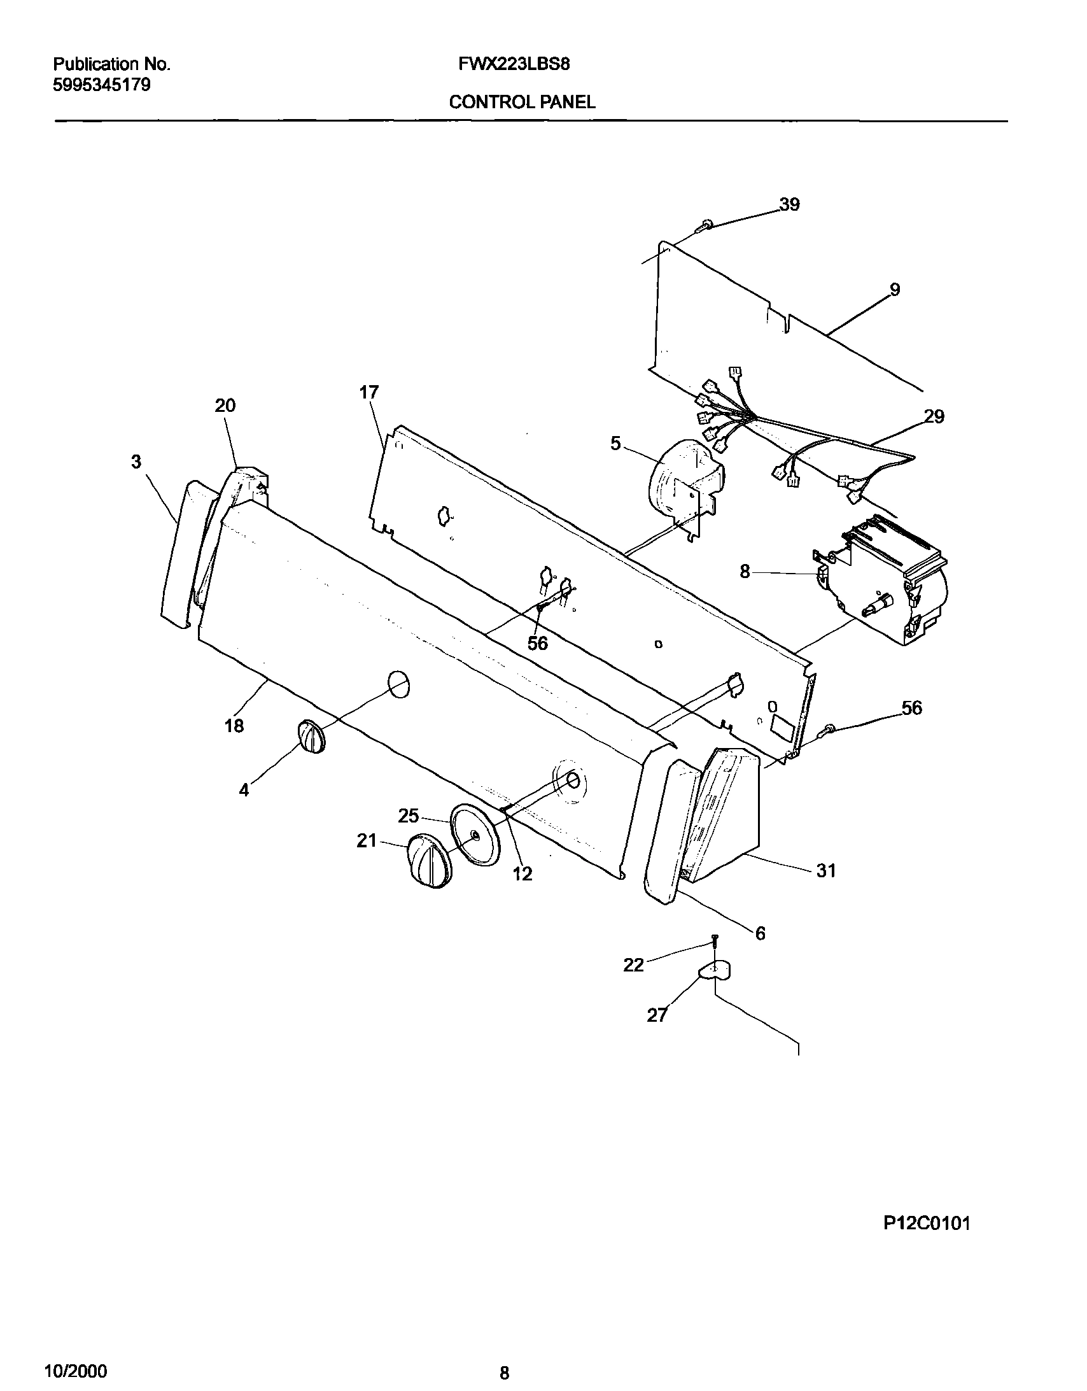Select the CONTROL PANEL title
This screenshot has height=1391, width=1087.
point(522,102)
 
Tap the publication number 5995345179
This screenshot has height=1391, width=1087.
point(101,85)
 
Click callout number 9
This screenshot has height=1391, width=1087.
point(895,290)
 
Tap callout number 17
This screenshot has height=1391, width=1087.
point(368,392)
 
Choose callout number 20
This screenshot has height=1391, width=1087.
point(225,405)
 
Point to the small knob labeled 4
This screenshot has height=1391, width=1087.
point(311,738)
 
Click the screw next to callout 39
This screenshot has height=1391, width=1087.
point(706,224)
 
